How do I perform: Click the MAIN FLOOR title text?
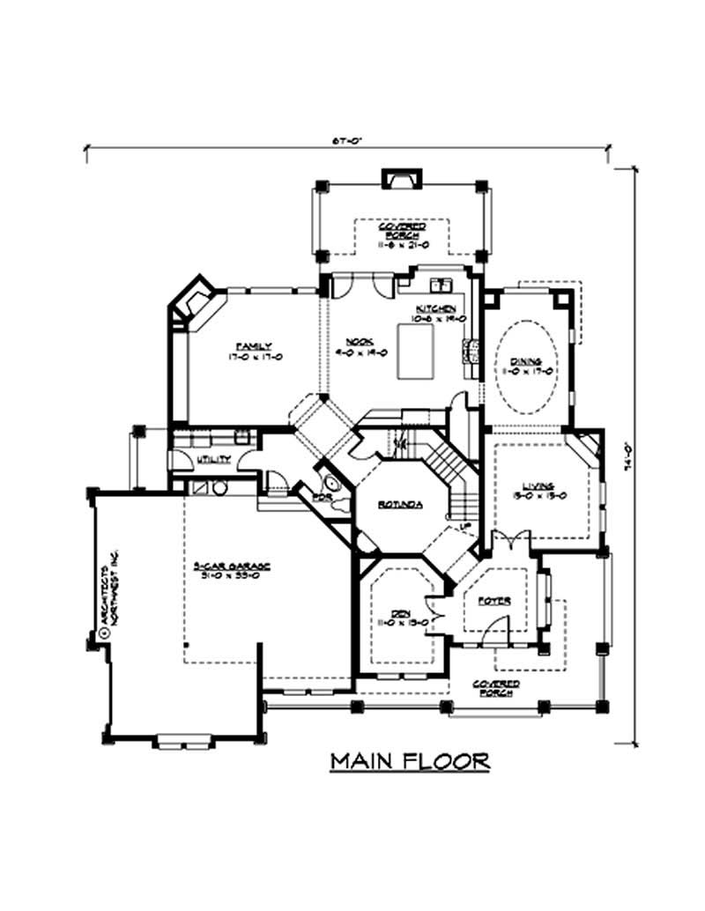[x=410, y=761]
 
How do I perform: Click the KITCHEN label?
[x=436, y=308]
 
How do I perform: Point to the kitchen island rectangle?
[x=419, y=351]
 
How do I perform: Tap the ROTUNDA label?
[x=400, y=505]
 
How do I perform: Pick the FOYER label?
[x=494, y=601]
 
